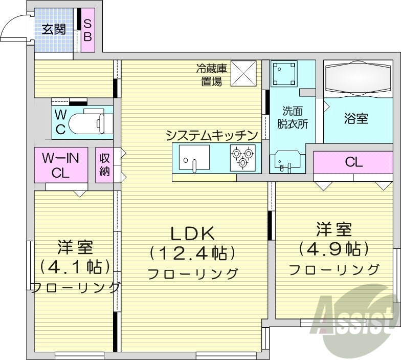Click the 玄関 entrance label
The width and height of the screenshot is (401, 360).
click(54, 29)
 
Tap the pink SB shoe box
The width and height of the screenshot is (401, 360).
click(87, 30)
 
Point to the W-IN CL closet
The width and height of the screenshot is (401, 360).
click(60, 165)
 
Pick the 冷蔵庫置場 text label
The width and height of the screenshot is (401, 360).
click(211, 74)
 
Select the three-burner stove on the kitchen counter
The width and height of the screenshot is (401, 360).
click(242, 157)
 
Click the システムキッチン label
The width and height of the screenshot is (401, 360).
click(211, 135)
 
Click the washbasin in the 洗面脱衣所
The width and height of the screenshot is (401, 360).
click(284, 162)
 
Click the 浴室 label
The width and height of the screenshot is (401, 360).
click(356, 119)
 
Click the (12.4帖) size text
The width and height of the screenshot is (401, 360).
click(192, 252)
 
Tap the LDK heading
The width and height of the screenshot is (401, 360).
click(192, 233)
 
